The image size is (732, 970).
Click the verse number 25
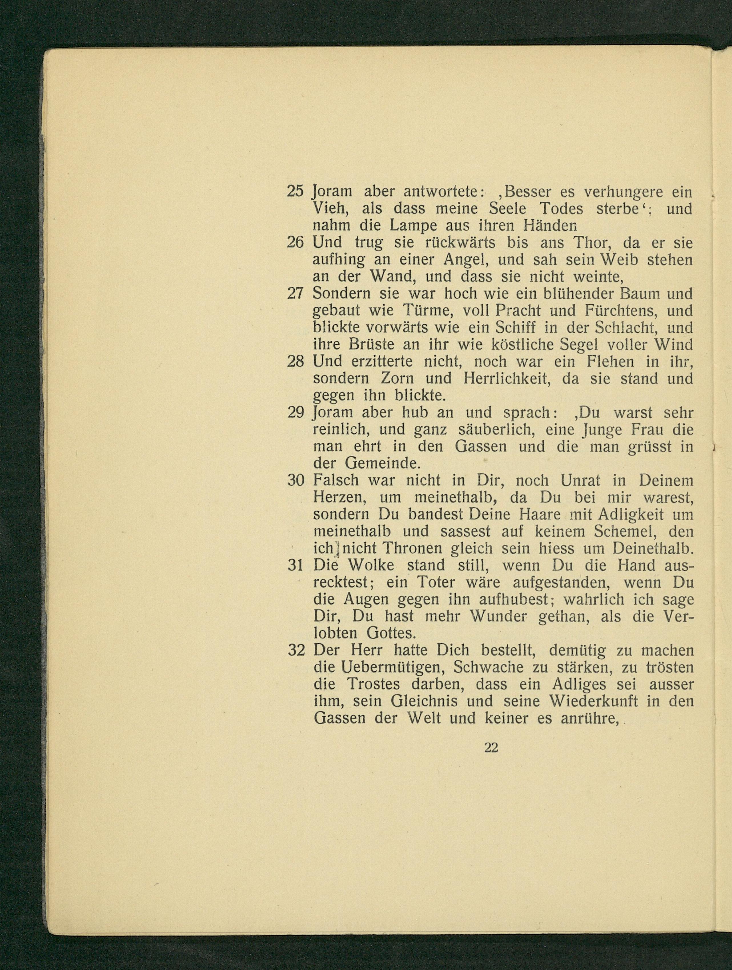point(295,192)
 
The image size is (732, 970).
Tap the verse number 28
point(295,362)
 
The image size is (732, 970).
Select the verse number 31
point(295,566)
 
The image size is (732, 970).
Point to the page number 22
point(491,748)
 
